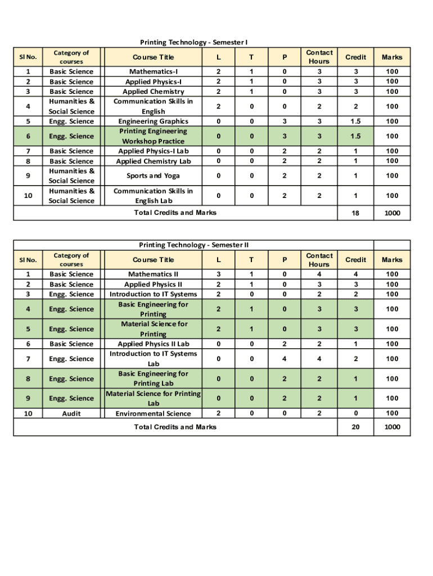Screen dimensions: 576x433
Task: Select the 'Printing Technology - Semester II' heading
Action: point(193,245)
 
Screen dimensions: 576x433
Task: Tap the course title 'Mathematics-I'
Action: point(154,71)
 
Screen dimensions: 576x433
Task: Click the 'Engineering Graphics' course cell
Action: point(154,121)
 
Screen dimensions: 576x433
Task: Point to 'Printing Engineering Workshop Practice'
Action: point(154,136)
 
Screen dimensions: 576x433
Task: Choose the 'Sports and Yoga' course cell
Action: point(154,175)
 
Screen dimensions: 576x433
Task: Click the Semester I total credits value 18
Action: point(355,213)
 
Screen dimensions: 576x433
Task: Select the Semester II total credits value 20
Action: point(355,427)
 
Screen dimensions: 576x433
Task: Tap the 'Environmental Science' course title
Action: point(154,413)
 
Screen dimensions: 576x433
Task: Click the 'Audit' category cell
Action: point(71,413)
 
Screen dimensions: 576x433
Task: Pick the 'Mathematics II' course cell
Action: point(154,274)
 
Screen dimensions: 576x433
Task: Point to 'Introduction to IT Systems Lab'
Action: point(154,358)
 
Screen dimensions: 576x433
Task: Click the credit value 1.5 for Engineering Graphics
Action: point(355,121)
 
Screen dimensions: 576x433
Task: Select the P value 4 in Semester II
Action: point(285,358)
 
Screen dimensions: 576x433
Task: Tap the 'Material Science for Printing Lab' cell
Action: point(154,398)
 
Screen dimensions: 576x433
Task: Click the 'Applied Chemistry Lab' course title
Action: point(154,161)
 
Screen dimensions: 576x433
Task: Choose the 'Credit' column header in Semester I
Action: point(355,57)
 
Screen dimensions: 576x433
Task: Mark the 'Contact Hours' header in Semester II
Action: point(319,260)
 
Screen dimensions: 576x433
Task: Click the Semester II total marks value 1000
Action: point(392,427)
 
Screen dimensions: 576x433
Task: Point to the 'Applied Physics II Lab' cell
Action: point(154,344)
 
